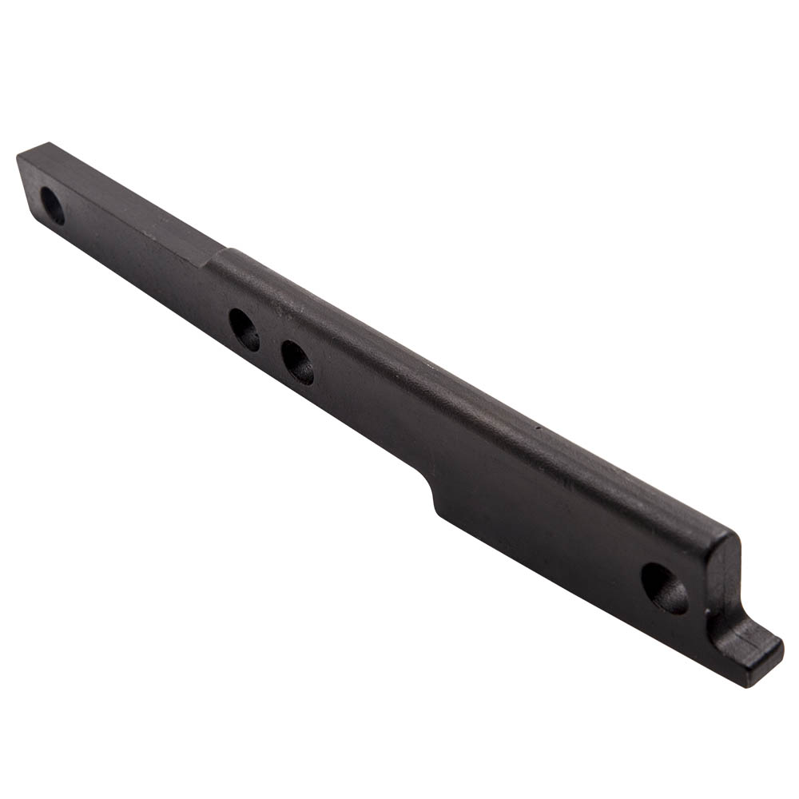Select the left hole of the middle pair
(244, 329)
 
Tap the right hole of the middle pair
(297, 362)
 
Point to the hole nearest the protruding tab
(664, 588)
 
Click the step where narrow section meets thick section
(209, 258)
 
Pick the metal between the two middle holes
(271, 346)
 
